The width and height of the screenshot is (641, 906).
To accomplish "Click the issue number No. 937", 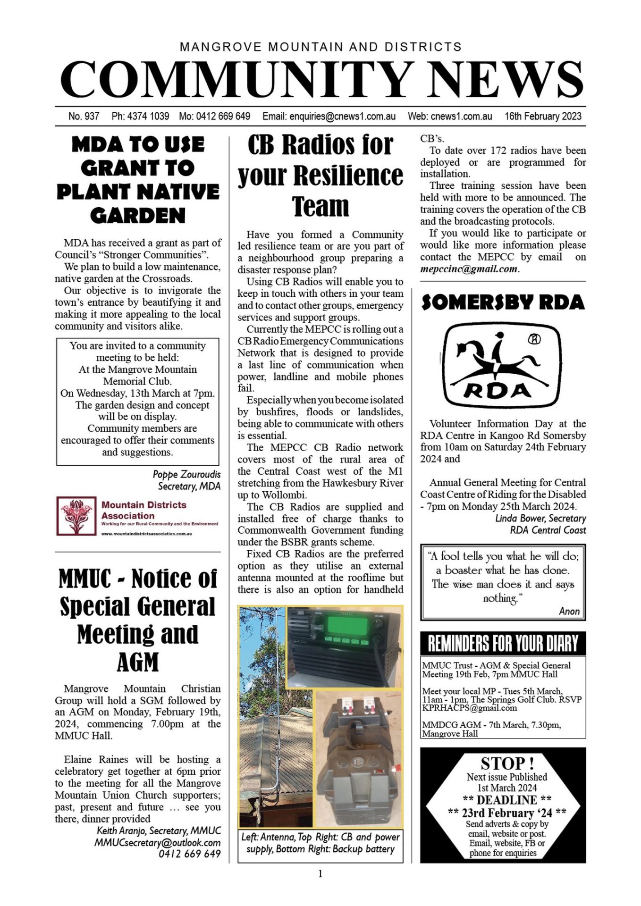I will (84, 116).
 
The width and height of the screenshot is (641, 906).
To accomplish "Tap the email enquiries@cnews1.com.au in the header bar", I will (329, 116).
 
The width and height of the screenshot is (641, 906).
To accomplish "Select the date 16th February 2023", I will (543, 116).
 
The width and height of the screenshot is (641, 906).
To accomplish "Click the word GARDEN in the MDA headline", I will (137, 216).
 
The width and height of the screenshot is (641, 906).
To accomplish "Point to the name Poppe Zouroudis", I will (186, 474).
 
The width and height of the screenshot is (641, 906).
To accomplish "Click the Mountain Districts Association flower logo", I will (76, 516).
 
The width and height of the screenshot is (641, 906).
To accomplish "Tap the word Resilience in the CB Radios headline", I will (348, 176).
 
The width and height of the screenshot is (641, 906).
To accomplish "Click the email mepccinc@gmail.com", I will (469, 269).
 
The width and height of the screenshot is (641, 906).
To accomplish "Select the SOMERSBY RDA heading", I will (503, 302).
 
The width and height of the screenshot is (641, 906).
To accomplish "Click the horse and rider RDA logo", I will (503, 365).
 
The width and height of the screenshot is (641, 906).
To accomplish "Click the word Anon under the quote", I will (569, 611).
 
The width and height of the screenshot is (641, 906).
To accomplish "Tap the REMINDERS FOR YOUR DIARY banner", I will (503, 643).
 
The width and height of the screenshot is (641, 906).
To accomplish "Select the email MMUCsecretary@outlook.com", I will (157, 842).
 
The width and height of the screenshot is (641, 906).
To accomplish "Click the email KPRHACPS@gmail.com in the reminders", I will (469, 708).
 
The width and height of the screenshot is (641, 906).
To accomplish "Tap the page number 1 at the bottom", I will (320, 874).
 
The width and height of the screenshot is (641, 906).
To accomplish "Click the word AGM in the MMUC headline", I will (137, 662).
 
